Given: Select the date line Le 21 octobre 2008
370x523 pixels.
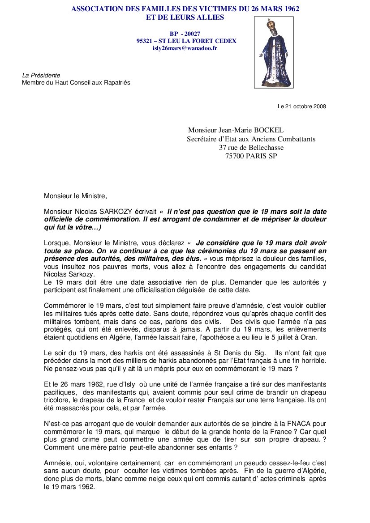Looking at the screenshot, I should click(x=302, y=106).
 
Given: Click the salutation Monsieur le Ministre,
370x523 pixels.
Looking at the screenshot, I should click(x=76, y=196).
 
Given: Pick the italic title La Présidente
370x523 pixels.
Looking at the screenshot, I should click(x=41, y=75).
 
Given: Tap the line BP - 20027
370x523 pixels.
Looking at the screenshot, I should click(x=185, y=34).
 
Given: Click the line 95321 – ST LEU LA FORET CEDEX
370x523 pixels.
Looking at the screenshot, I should click(x=186, y=41).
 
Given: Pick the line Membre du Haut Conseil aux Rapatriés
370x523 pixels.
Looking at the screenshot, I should click(x=76, y=82).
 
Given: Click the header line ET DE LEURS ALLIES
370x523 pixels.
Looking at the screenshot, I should click(x=185, y=17).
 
